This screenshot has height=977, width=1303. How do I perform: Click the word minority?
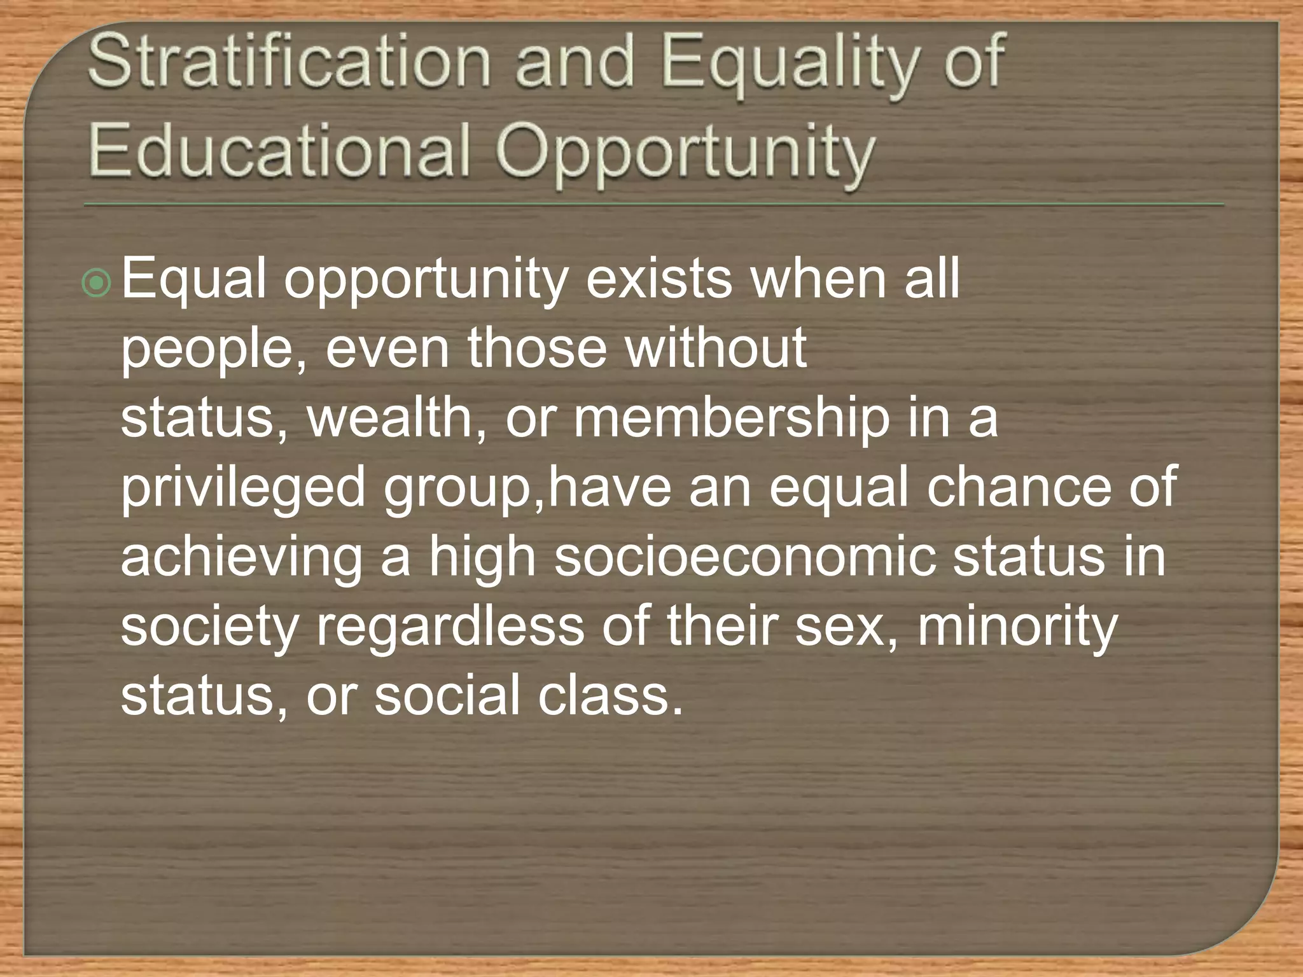1017,627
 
